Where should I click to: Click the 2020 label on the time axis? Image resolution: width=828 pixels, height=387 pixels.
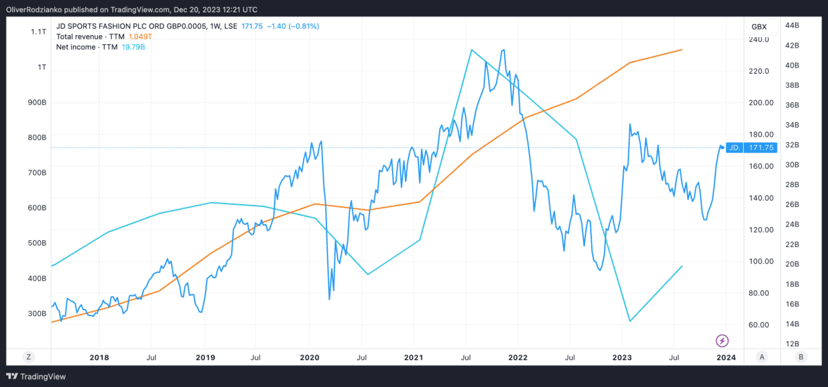309,357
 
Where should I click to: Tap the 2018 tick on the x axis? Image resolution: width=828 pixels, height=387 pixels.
99,357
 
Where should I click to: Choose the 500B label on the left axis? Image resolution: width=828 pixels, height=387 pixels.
37,243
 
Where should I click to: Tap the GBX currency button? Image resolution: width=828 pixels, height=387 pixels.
759,26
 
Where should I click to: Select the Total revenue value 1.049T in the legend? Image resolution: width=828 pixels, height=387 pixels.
141,37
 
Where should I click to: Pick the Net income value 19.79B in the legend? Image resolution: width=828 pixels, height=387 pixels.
134,47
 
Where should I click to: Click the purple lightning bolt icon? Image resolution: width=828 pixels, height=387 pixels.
722,340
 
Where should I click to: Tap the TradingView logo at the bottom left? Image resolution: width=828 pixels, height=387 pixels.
32,376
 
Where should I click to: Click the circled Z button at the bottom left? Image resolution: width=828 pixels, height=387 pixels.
28,357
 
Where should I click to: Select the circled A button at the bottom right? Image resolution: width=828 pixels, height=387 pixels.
762,357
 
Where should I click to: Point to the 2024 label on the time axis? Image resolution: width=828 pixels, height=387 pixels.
725,357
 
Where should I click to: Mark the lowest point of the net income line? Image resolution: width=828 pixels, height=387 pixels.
630,321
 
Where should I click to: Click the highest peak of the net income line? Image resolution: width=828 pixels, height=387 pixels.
471,50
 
